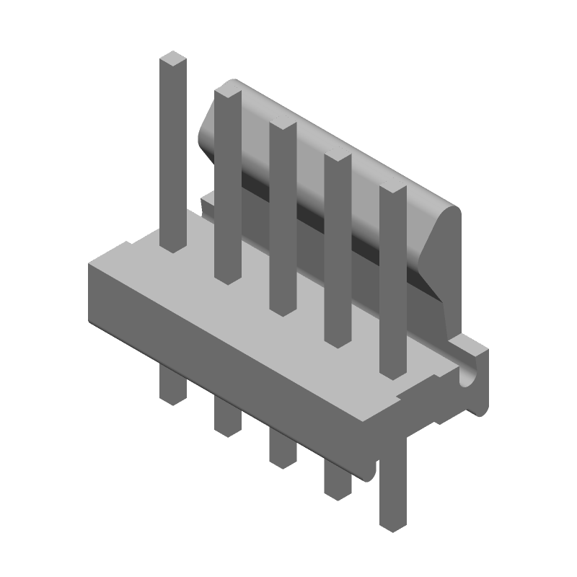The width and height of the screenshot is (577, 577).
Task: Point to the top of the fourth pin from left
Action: pos(338,157)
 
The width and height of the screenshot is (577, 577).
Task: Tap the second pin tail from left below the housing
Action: pos(228,418)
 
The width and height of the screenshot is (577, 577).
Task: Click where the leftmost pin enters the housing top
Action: pos(173,245)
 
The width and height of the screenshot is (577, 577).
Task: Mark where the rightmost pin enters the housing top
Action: pos(392,371)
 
